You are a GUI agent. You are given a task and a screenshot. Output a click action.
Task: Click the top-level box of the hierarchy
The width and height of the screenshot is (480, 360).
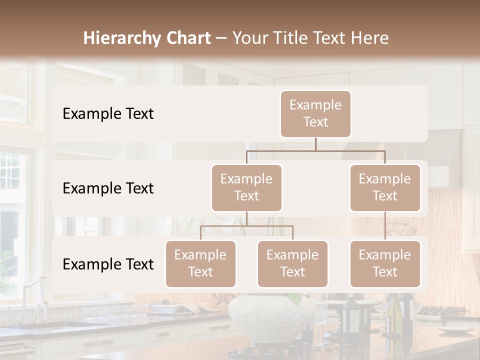click(315, 113)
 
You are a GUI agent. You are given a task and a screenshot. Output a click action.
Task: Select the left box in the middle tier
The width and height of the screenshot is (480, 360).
click(246, 187)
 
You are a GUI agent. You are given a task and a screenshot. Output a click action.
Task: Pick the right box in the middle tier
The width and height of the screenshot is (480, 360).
click(385, 187)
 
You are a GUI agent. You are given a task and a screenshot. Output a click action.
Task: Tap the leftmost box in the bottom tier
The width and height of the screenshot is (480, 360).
click(200, 263)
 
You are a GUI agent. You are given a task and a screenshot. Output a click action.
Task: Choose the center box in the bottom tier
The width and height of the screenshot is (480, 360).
click(292, 263)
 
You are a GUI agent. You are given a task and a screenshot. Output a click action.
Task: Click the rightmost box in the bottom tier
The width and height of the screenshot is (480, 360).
click(385, 263)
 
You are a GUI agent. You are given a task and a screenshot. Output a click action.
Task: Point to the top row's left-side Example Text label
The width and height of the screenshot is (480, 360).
click(108, 114)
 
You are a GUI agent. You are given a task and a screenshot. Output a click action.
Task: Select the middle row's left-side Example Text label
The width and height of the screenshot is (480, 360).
click(108, 188)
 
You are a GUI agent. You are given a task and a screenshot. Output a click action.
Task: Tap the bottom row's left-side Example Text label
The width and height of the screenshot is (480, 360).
click(108, 264)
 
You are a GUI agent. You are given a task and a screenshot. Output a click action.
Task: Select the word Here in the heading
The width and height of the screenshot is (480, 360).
click(370, 38)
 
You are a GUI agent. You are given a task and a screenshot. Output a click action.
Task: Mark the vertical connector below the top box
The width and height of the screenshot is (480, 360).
click(315, 144)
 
